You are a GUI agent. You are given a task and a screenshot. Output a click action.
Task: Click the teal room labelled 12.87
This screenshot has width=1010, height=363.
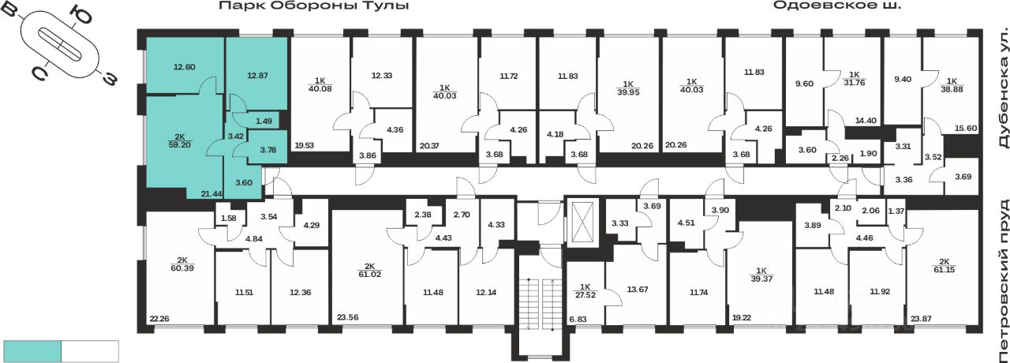point(257,76)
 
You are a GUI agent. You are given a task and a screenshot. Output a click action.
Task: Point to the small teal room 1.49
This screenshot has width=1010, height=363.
point(264,120)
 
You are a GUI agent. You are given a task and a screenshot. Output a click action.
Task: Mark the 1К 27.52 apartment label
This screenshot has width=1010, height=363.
point(585,290)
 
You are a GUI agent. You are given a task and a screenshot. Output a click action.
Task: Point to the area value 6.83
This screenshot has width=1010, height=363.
point(578,319)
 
